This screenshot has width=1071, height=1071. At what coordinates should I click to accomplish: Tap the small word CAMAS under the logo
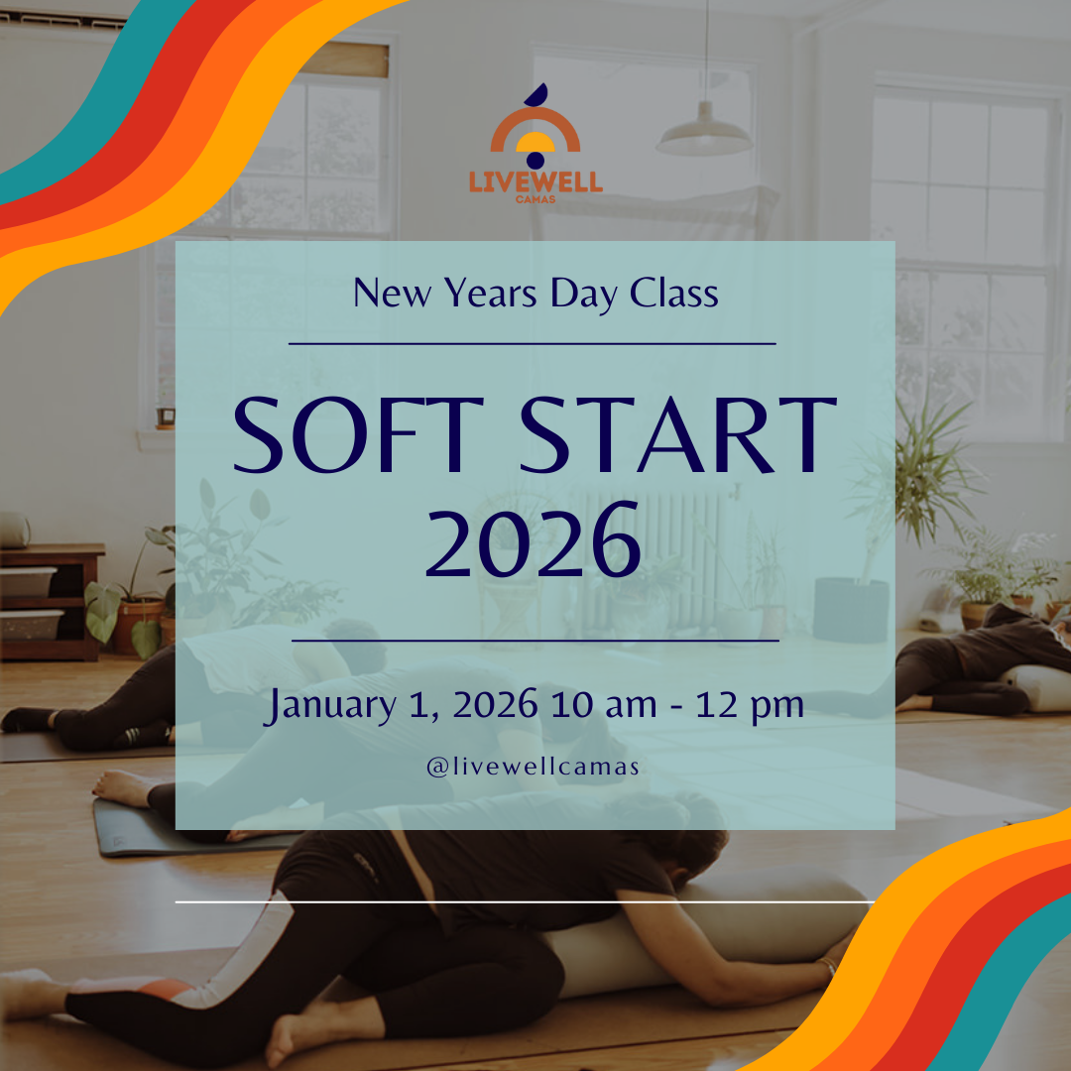[535, 197]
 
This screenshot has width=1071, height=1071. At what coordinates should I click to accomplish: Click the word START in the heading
[679, 435]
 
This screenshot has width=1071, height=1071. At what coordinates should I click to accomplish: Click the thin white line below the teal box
[526, 902]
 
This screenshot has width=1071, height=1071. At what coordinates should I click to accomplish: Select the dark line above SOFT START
[533, 344]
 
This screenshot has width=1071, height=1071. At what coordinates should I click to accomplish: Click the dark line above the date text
[535, 641]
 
